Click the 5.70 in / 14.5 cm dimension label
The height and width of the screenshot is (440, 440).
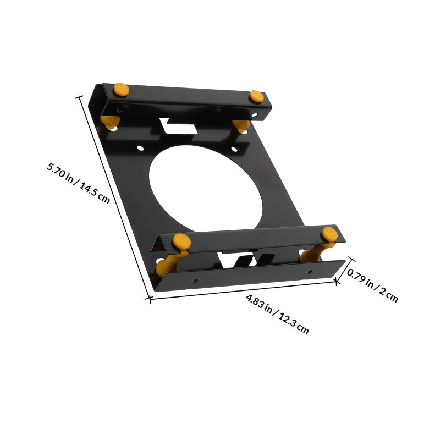point(78,183)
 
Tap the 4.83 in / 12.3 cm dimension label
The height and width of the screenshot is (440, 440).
point(277,314)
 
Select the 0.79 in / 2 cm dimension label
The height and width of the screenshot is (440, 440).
point(373,285)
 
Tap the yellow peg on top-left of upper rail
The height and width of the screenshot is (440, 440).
point(122,90)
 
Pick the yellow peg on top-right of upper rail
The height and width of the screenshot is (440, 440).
point(257,97)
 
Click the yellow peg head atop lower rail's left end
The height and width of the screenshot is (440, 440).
point(182,241)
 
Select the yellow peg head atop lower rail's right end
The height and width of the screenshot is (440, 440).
point(329,234)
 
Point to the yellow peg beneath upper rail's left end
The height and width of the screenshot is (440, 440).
point(110,122)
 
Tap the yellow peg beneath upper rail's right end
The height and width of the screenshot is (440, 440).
point(241,125)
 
